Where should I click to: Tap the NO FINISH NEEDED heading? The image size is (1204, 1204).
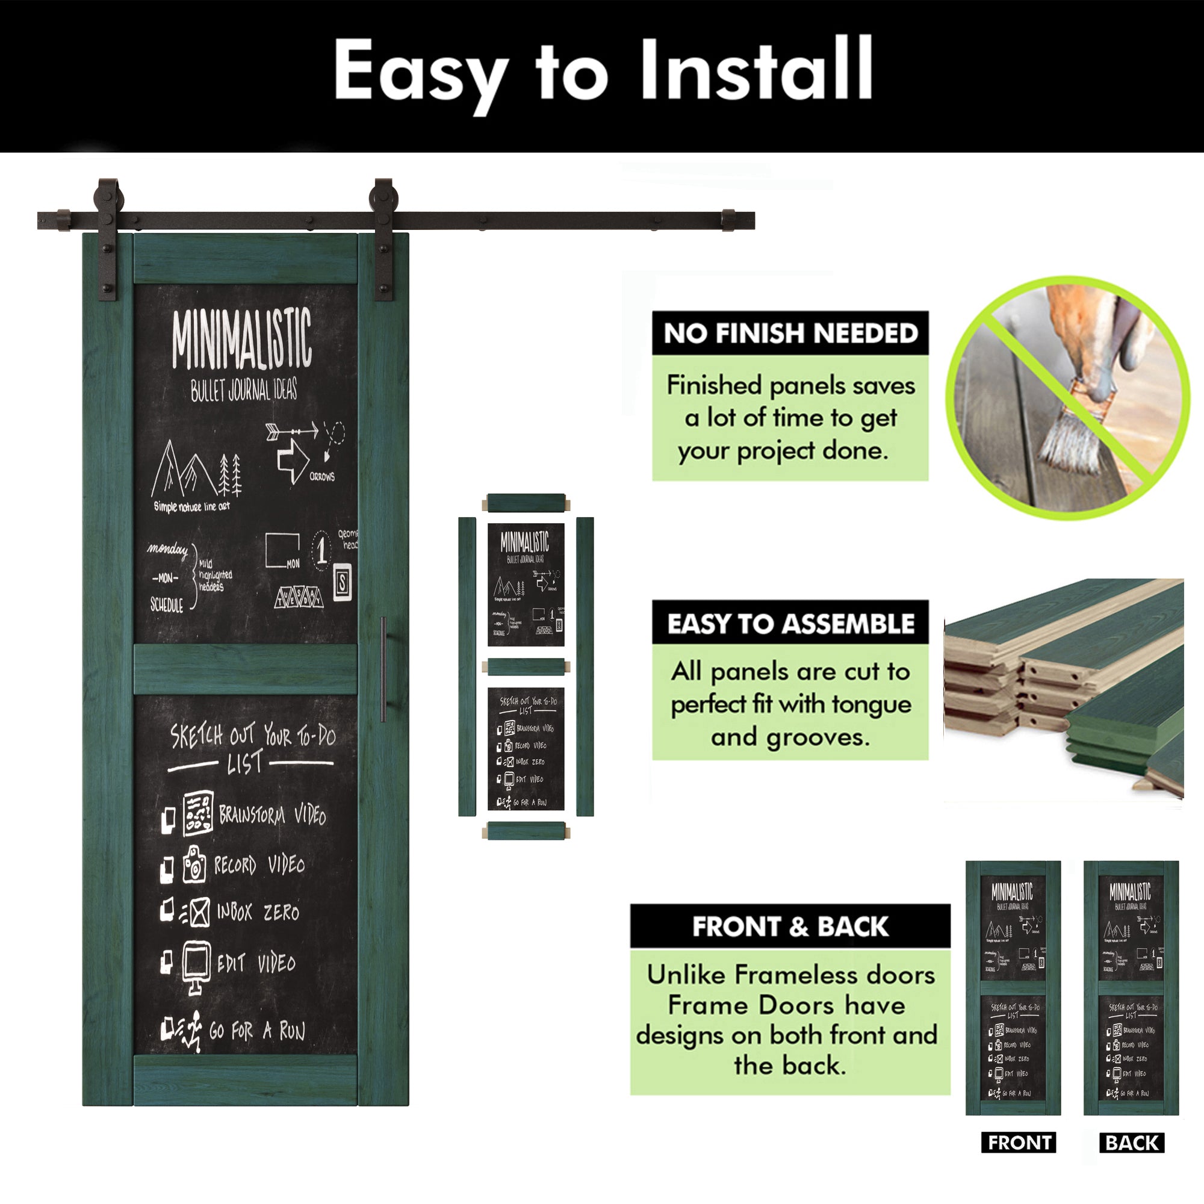pyautogui.click(x=790, y=334)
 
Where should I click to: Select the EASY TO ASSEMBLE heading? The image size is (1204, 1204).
pyautogui.click(x=790, y=624)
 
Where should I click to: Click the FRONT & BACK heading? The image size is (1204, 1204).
pyautogui.click(x=790, y=926)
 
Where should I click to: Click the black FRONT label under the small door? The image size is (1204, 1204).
pyautogui.click(x=1019, y=1143)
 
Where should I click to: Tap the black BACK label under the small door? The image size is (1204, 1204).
pyautogui.click(x=1132, y=1143)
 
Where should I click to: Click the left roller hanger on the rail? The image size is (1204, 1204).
pyautogui.click(x=108, y=237)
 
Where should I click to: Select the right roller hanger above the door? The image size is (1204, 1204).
pyautogui.click(x=383, y=237)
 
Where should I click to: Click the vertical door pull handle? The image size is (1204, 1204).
pyautogui.click(x=383, y=669)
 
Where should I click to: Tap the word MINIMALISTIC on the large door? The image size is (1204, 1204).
pyautogui.click(x=242, y=340)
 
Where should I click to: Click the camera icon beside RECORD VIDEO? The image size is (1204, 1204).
pyautogui.click(x=194, y=864)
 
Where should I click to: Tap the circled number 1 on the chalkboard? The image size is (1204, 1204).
pyautogui.click(x=321, y=548)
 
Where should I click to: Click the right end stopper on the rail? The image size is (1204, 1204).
pyautogui.click(x=728, y=220)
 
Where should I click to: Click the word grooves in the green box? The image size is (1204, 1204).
pyautogui.click(x=818, y=737)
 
